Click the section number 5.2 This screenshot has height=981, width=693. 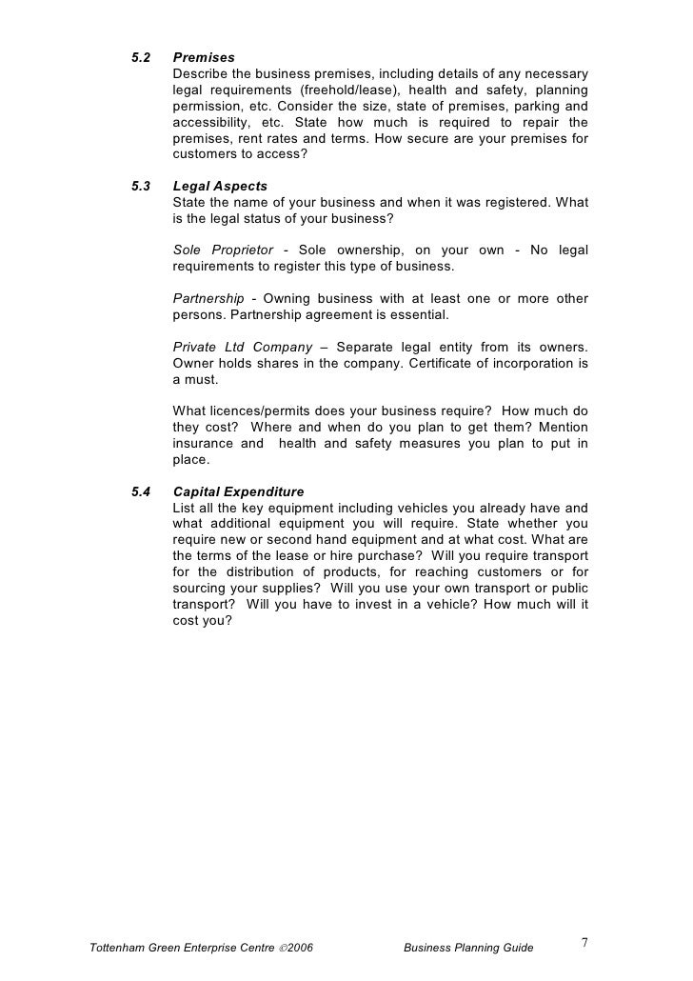pyautogui.click(x=140, y=58)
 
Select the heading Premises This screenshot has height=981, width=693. pyautogui.click(x=204, y=58)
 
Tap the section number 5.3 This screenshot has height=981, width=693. pyautogui.click(x=140, y=186)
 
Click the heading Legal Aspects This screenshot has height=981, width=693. pyautogui.click(x=220, y=186)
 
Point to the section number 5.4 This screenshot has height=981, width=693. pyautogui.click(x=140, y=491)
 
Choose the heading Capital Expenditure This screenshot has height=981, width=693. pyautogui.click(x=238, y=491)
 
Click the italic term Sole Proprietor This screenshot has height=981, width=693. pyautogui.click(x=225, y=250)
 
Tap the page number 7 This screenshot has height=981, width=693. pyautogui.click(x=584, y=944)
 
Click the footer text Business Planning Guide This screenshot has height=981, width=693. pyautogui.click(x=468, y=948)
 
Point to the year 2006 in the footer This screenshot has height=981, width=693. pyautogui.click(x=299, y=948)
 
